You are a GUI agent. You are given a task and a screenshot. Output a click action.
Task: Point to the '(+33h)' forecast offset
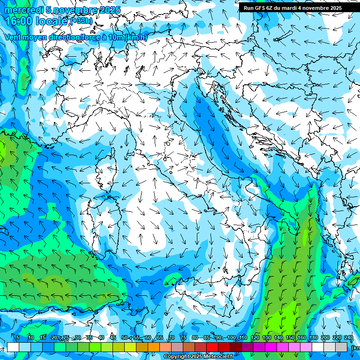(82, 21)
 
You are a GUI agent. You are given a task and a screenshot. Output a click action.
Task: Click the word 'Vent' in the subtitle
(13, 37)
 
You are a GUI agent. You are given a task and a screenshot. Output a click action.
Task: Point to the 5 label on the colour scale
(18, 338)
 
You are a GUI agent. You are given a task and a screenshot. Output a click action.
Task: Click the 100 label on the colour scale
(232, 338)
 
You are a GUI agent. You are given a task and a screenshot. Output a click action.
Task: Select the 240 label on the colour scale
(348, 338)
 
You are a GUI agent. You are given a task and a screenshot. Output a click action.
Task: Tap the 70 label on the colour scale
(172, 338)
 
